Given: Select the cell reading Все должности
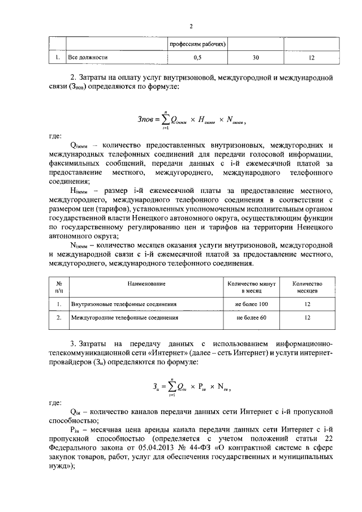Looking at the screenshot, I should point(88,58).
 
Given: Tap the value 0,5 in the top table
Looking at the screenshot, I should point(197,58).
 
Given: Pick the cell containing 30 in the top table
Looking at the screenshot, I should point(256,58).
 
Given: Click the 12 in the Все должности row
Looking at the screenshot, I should point(311,58).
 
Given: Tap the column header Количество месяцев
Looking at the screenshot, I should point(307,286).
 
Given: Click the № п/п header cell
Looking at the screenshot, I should point(58,286).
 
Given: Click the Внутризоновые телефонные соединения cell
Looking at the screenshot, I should point(124,304).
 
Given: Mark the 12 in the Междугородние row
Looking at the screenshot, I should point(307,318).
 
